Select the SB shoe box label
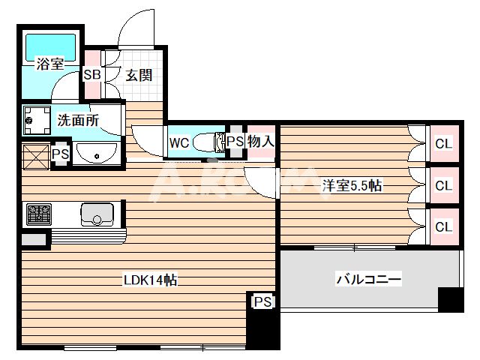point(91,74)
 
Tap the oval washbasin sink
point(95,155)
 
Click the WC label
point(178,142)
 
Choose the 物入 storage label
point(261,141)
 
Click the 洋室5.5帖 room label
point(352,185)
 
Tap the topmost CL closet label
point(443,142)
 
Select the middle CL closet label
point(443,184)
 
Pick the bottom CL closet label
point(443,226)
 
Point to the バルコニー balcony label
point(368,280)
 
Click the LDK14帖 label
point(150,280)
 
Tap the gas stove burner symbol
point(37,214)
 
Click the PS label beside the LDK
point(262,301)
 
